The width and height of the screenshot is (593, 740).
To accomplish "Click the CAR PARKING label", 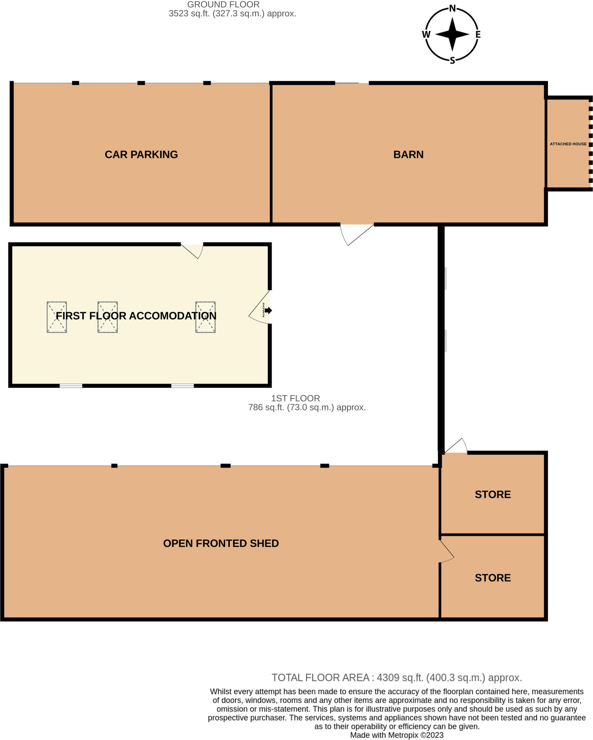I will [x=141, y=154].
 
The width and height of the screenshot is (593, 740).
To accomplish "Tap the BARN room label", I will [x=408, y=154].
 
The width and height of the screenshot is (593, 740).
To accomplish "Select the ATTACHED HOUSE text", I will [x=568, y=144].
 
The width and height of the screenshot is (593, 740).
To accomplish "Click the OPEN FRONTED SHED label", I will [x=220, y=543].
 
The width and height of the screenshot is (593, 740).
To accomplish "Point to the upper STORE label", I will [x=492, y=494].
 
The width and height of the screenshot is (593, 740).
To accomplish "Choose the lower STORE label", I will [x=492, y=577].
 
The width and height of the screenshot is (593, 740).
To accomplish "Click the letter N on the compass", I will [x=452, y=9].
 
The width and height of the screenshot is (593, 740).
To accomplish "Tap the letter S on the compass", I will [x=452, y=60].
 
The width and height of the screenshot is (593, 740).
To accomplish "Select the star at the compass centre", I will [x=452, y=34].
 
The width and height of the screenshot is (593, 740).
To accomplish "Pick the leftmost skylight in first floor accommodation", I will [x=57, y=317].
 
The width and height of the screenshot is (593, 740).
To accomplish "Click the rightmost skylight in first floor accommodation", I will [x=205, y=317].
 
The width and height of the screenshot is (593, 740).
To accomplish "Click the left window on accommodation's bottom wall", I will [x=71, y=386].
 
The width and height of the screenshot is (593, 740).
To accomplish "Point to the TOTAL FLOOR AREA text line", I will [x=396, y=677].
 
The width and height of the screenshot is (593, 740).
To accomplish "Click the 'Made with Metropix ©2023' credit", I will [x=396, y=735].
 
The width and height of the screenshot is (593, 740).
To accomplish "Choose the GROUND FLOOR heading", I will [x=223, y=5].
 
